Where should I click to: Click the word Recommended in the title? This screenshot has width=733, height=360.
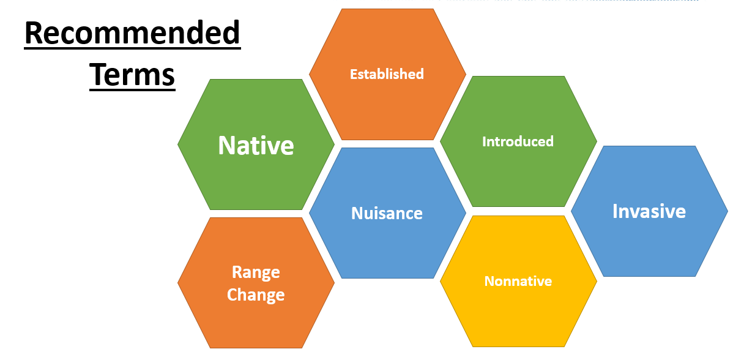tap(133, 34)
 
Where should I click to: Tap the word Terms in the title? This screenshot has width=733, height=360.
tap(133, 75)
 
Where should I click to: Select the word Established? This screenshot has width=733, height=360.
tap(387, 74)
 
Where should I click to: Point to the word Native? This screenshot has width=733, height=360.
tap(256, 146)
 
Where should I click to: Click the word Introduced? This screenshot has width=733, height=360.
tap(518, 141)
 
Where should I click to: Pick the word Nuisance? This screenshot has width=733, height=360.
tap(387, 213)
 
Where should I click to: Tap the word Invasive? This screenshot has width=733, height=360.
tap(649, 211)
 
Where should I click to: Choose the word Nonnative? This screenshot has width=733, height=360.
tap(518, 281)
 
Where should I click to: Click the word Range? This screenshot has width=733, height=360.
tap(256, 272)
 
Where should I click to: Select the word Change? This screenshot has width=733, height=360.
tap(256, 295)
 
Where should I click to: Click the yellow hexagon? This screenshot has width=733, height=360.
tap(518, 306)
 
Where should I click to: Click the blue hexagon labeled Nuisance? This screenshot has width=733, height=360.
tap(387, 245)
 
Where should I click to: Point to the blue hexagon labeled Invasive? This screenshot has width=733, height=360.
tap(649, 245)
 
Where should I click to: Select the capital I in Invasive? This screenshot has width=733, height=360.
tap(616, 211)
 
